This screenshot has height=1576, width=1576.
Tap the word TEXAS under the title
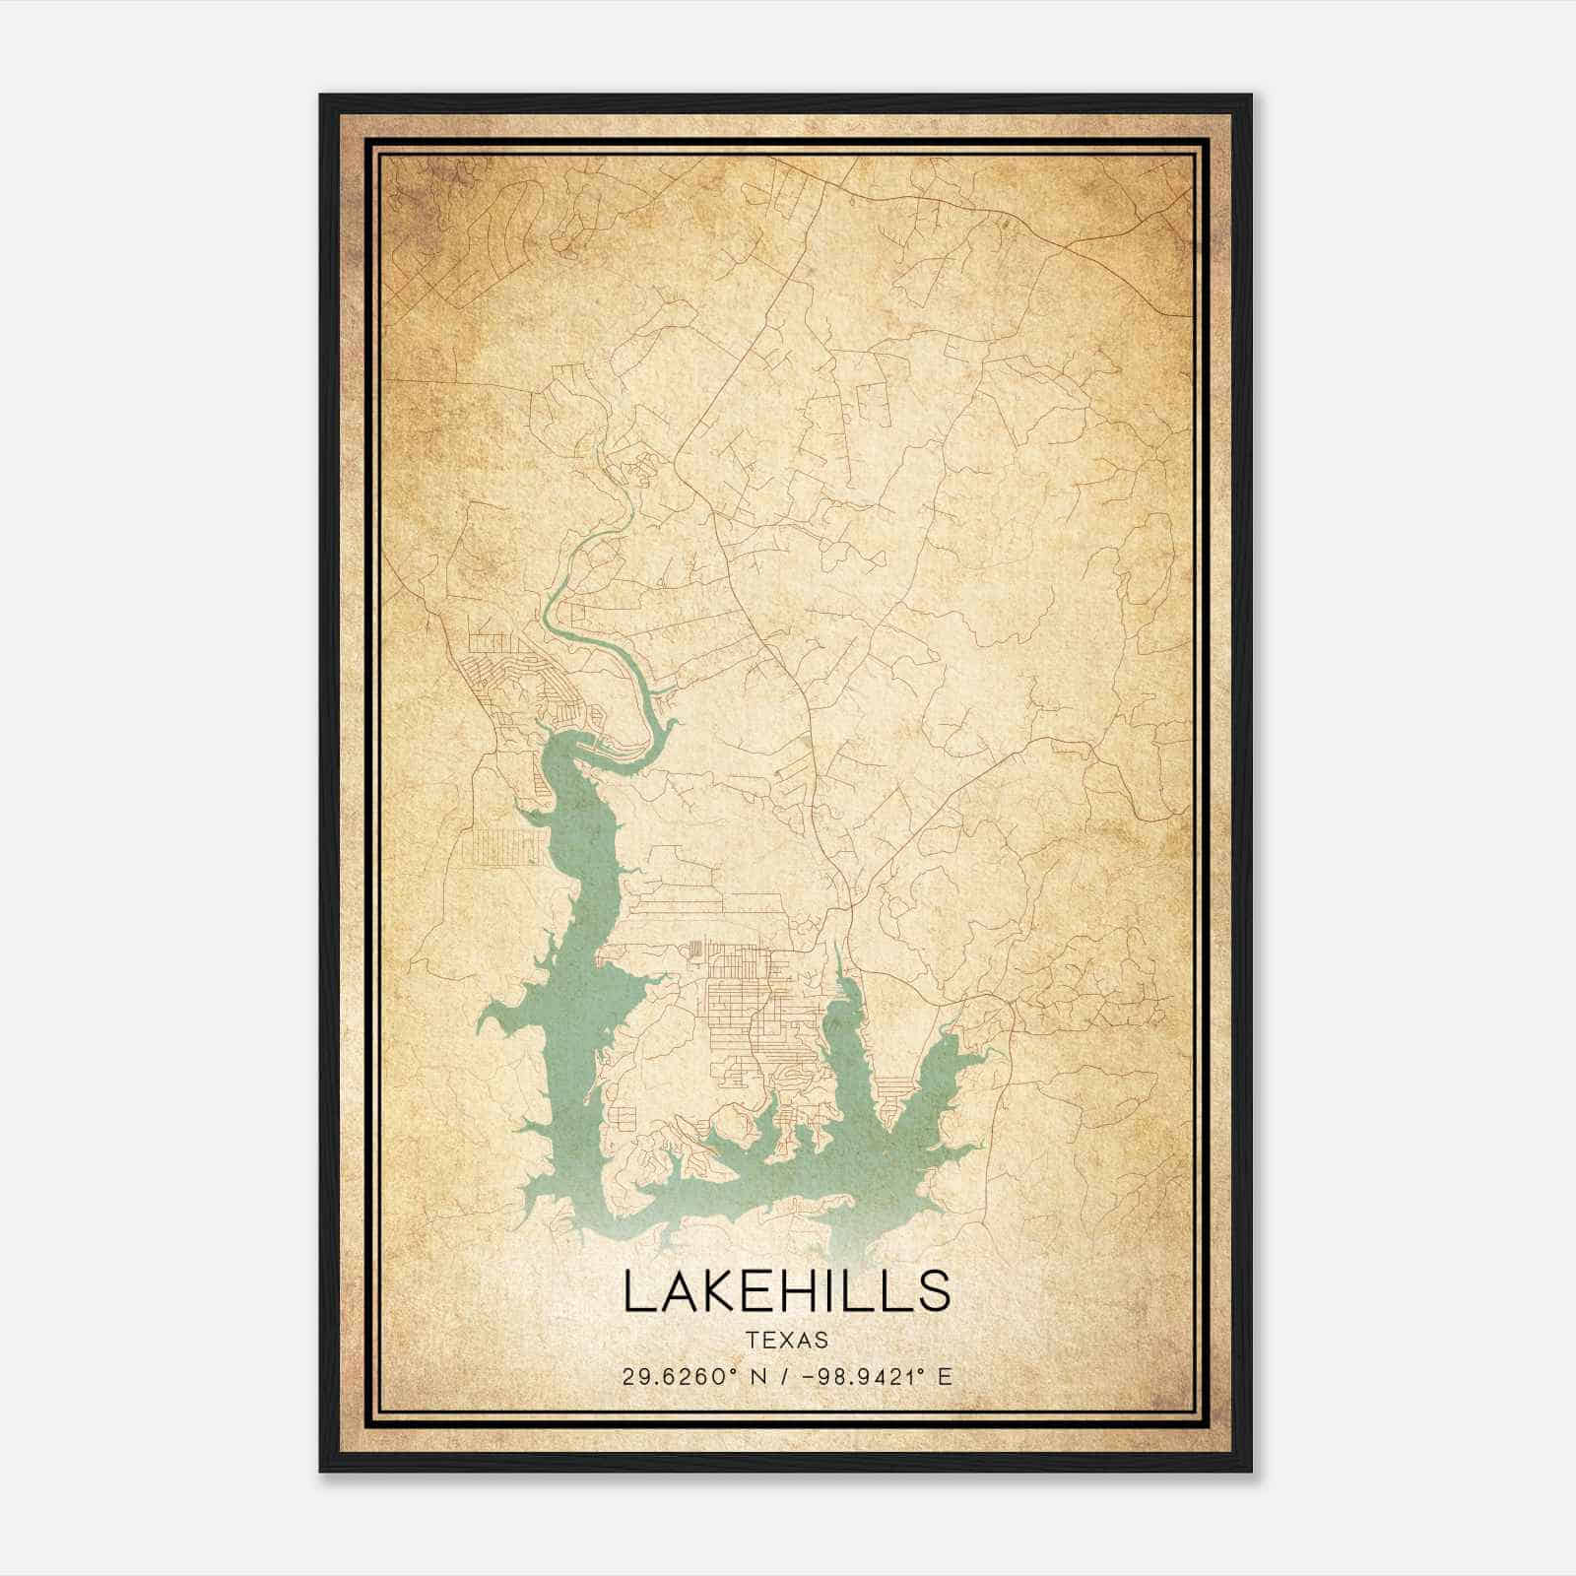[x=787, y=1341]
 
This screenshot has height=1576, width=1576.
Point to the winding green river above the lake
[x=591, y=630]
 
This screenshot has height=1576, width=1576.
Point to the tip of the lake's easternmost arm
[x=980, y=1054]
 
